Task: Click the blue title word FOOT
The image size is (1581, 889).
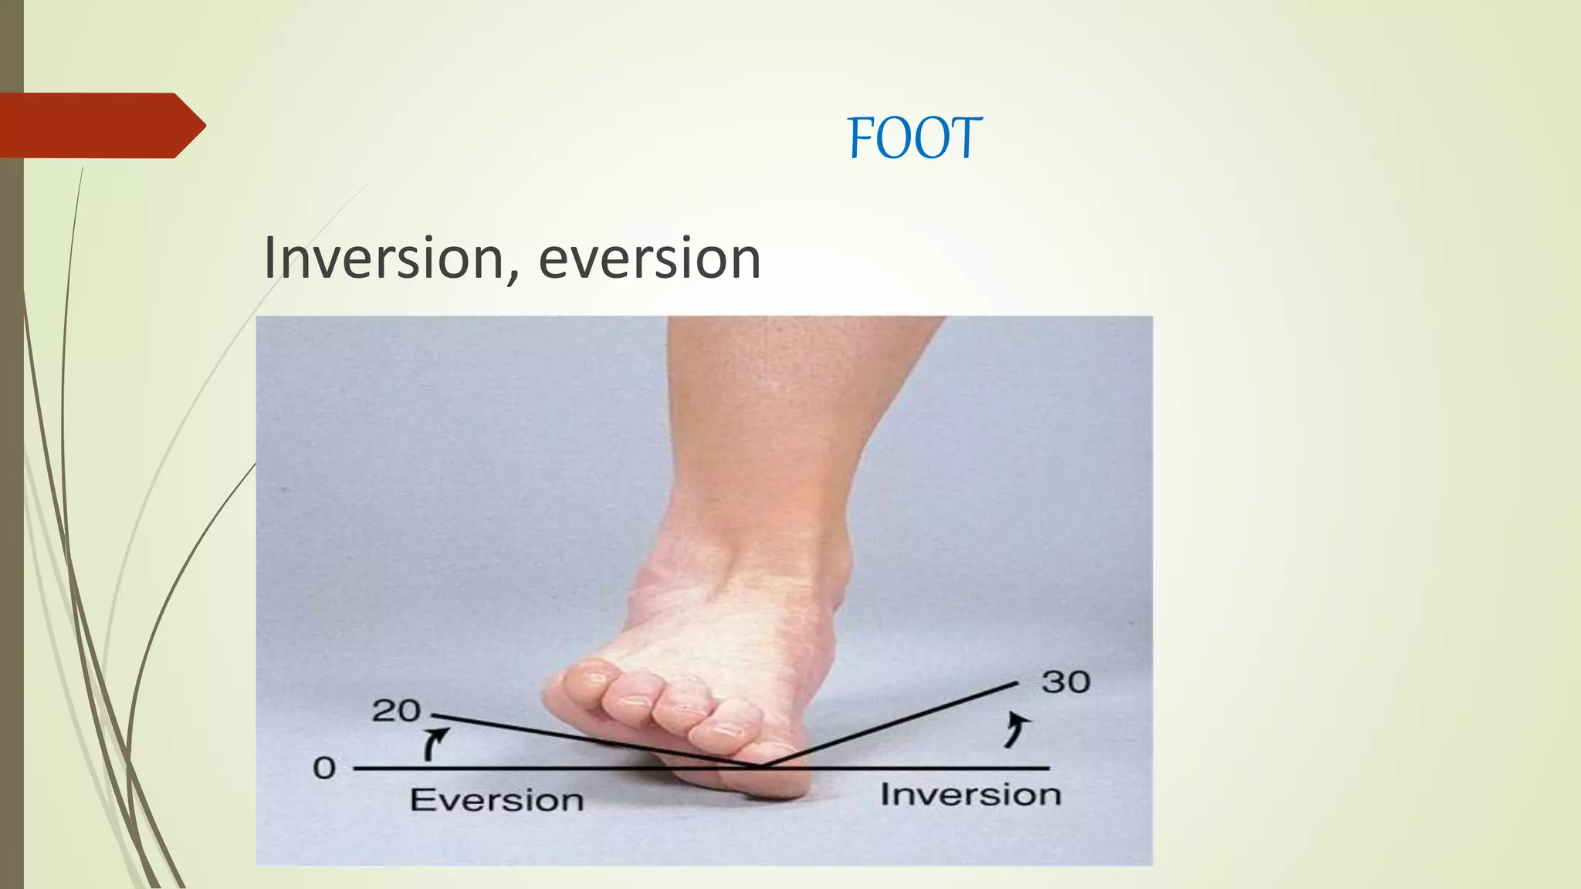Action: [915, 139]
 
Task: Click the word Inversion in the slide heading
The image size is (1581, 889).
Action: [383, 259]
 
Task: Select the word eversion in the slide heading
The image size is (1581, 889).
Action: [649, 259]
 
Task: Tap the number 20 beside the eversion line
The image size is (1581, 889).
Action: [395, 711]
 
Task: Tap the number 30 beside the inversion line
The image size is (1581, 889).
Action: [1065, 682]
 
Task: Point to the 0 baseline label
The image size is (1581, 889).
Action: [324, 768]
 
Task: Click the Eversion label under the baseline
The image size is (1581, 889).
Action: [496, 800]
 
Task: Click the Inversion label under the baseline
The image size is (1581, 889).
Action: [970, 795]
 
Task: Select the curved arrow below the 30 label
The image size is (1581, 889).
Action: [1017, 730]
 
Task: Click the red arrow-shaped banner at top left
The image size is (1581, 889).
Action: [100, 126]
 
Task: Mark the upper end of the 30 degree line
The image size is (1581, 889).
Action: [1017, 683]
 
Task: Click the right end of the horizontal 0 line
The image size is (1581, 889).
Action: [1048, 768]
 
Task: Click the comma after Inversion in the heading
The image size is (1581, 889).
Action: [513, 276]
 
